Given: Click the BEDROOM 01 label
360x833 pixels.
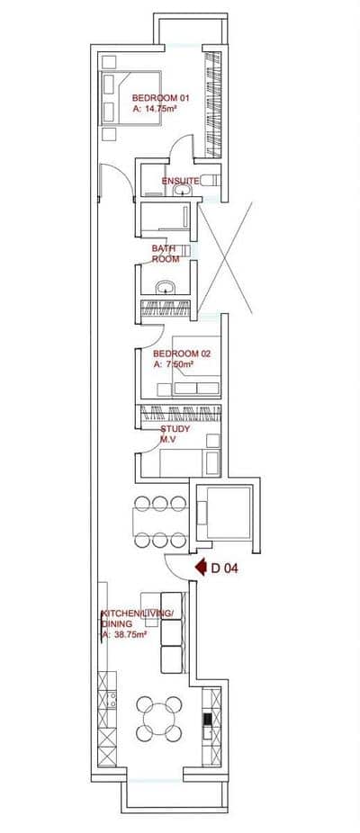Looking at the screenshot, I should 161,97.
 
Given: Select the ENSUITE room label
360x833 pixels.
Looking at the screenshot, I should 180,181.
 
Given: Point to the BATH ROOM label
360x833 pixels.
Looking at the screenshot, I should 165,253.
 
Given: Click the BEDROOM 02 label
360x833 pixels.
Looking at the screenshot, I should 181,354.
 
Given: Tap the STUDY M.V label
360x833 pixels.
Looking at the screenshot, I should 175,434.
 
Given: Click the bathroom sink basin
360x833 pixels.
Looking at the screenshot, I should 165,289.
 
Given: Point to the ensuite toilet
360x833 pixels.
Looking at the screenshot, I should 210,180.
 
